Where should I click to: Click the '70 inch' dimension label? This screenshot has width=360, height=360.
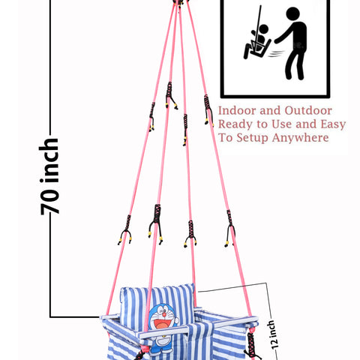click(x=49, y=176)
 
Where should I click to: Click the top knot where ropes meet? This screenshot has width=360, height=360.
click(x=178, y=3)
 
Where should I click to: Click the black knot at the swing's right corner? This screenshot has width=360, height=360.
click(x=250, y=343)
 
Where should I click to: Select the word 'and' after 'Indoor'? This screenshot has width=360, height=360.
click(x=271, y=111)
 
